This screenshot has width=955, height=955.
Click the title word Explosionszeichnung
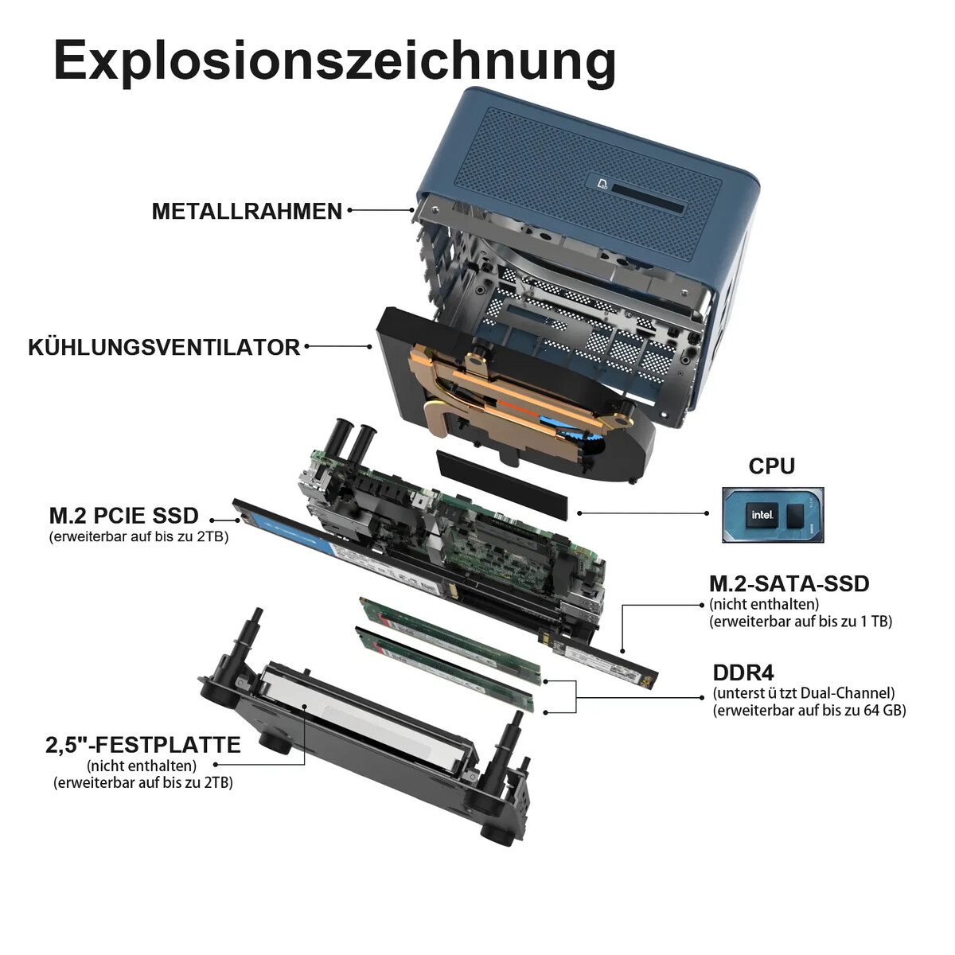(335, 62)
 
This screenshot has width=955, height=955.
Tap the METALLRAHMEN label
(247, 211)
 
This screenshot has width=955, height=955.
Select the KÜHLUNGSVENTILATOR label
(164, 348)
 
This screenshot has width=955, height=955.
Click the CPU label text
(771, 466)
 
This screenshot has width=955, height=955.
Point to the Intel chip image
(773, 514)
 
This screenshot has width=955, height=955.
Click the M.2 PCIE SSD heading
(124, 516)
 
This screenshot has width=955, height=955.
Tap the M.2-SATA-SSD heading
(789, 584)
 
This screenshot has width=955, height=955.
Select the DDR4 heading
(743, 672)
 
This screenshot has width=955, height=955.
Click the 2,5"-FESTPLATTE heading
(143, 745)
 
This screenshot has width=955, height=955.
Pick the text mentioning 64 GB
(809, 711)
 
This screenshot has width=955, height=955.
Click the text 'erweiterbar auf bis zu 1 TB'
(801, 622)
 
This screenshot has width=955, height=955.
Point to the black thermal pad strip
(502, 485)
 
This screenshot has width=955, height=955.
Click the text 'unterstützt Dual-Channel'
(804, 693)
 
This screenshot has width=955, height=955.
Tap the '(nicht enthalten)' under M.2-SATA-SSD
(764, 604)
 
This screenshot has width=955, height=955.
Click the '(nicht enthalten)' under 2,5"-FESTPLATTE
(142, 766)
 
